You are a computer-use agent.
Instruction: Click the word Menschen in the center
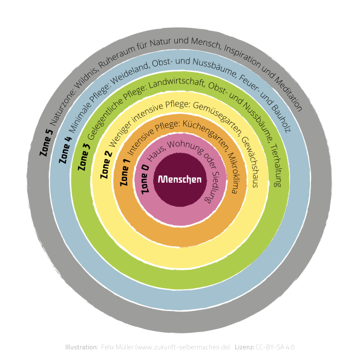click(x=180, y=179)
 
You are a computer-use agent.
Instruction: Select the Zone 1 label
click(x=125, y=172)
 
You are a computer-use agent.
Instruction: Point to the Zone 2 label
click(x=106, y=165)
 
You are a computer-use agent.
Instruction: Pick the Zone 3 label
click(x=84, y=157)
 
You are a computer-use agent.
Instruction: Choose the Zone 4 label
click(x=65, y=149)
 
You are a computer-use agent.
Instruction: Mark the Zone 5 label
click(x=46, y=143)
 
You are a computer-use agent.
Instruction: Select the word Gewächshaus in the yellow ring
click(x=251, y=162)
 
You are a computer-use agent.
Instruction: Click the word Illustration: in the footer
click(x=82, y=347)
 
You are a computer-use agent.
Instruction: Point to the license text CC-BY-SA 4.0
click(x=275, y=347)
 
